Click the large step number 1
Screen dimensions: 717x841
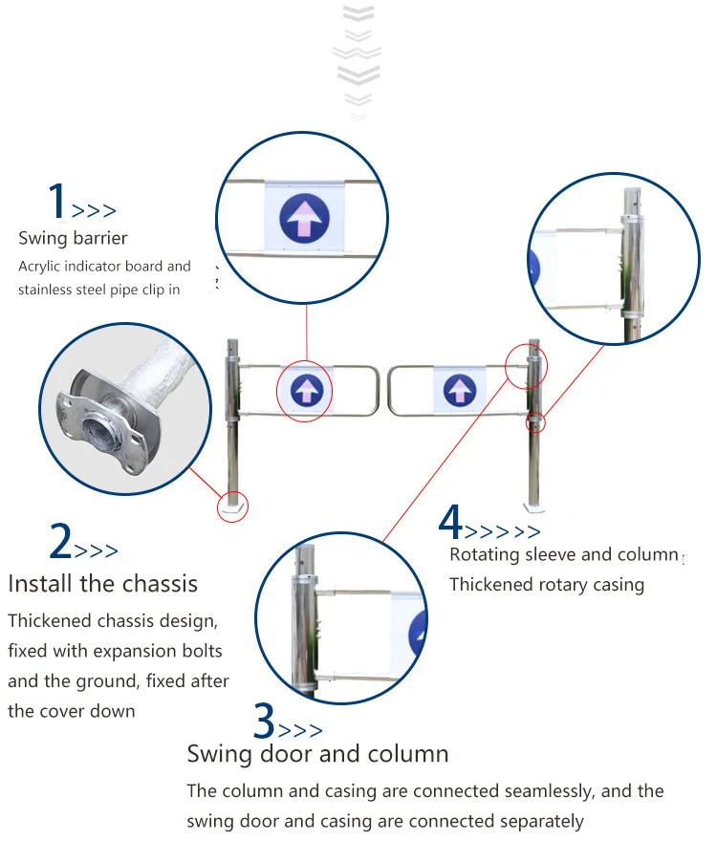point(57,200)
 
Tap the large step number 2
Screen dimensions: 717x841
point(60,541)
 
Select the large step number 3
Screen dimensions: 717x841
point(264,721)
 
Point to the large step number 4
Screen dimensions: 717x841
point(450,522)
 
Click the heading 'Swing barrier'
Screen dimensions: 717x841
point(73,238)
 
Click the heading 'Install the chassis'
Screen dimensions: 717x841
point(103,584)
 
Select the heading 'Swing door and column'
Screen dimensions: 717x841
point(317,754)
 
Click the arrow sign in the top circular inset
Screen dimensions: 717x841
point(304,218)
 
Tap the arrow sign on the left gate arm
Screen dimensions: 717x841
point(307,389)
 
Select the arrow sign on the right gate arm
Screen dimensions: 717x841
point(460,390)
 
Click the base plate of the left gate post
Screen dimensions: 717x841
point(233,507)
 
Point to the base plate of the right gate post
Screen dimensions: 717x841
point(534,507)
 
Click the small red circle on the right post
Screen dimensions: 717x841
point(535,422)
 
